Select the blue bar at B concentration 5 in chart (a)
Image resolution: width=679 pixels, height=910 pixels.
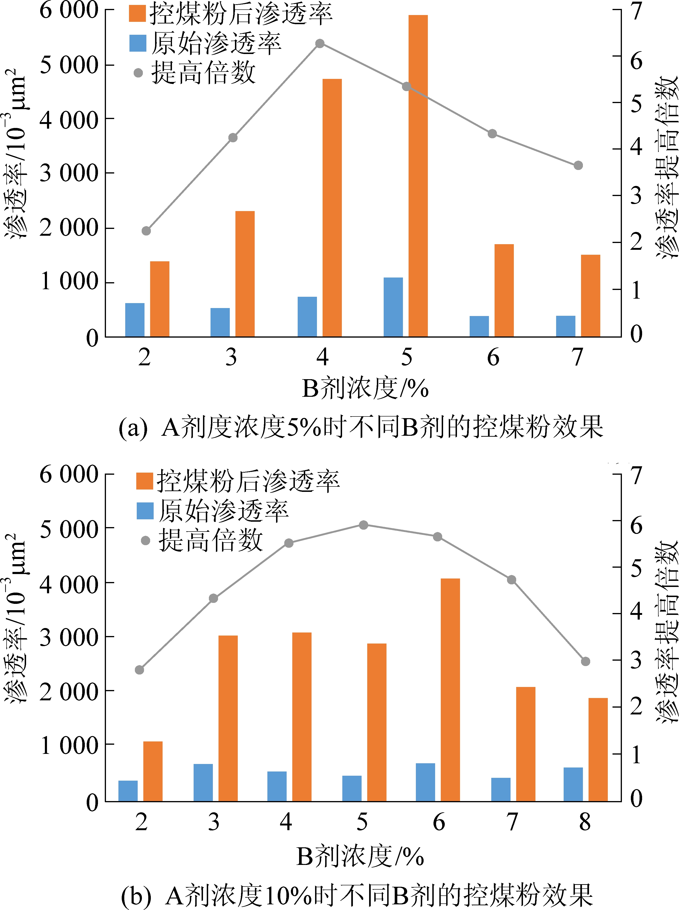tap(393, 307)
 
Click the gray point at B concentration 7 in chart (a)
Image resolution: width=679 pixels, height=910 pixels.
tap(578, 166)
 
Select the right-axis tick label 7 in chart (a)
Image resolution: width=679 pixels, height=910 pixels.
tap(636, 11)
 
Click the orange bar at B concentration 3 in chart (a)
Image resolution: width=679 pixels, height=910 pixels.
tap(245, 274)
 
